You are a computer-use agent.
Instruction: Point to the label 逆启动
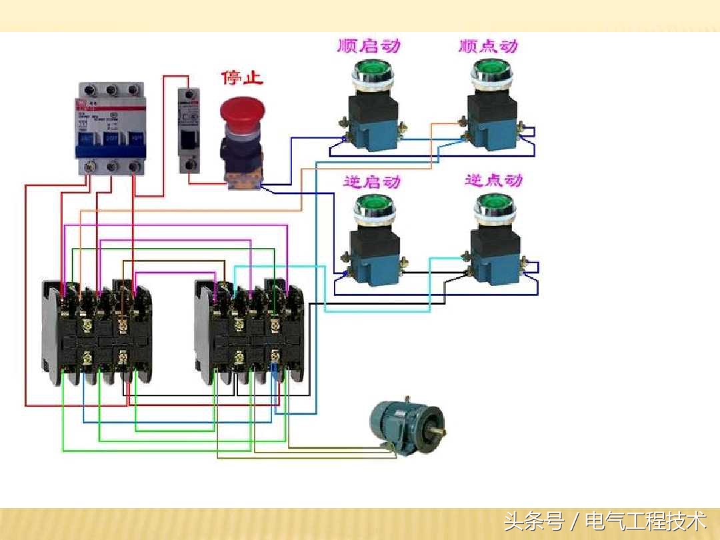coord(372,181)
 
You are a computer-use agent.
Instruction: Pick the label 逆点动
coord(493,180)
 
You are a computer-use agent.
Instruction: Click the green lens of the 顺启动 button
coord(372,69)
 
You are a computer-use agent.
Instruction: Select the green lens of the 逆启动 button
coord(374,204)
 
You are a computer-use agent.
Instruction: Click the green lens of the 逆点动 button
coord(494,203)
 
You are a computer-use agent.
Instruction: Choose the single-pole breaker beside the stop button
coord(189,130)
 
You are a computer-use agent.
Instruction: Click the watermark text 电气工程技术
coord(645,521)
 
